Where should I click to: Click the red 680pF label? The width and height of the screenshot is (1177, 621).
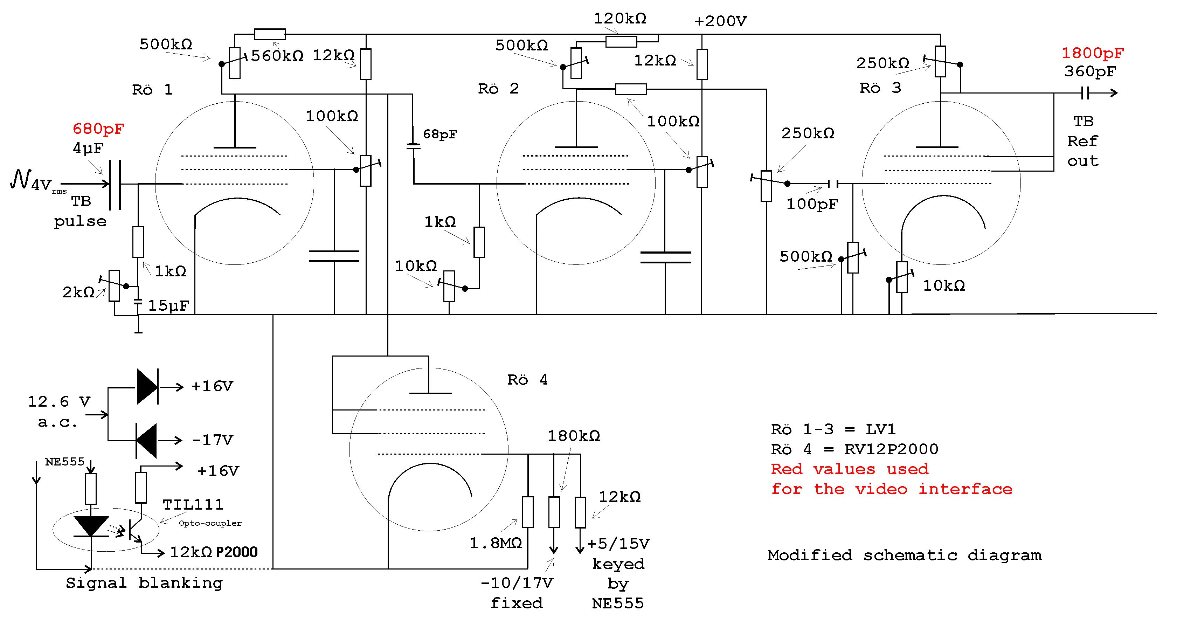click(98, 129)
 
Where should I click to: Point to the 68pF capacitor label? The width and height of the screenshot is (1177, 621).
click(439, 134)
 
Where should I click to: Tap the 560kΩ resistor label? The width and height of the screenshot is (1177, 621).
click(277, 56)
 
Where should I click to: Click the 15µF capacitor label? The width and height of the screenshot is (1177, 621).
click(168, 305)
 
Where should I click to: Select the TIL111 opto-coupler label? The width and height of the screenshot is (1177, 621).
click(193, 504)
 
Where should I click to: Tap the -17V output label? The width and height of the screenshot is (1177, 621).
click(213, 440)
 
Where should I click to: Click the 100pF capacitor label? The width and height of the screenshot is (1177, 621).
click(812, 204)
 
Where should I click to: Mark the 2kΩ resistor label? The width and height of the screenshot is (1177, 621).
click(78, 292)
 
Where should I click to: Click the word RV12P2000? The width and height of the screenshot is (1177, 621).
click(891, 449)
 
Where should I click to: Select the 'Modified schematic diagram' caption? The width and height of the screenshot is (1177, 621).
click(904, 555)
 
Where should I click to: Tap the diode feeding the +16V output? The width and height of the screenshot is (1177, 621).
click(147, 387)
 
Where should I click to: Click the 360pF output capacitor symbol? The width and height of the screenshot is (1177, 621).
click(1086, 93)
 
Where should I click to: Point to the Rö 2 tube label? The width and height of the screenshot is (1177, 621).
click(498, 88)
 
